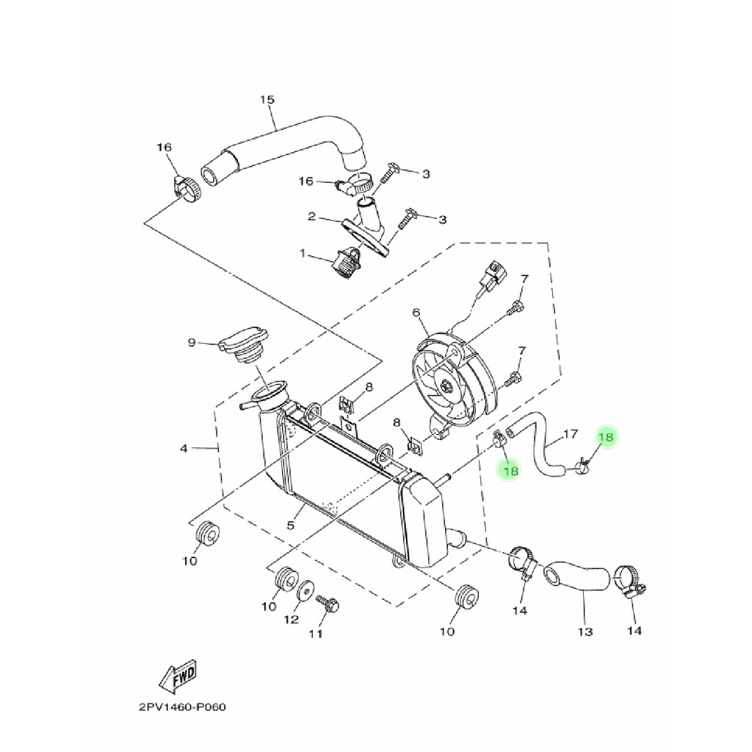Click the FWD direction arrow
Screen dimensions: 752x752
pos(178,679)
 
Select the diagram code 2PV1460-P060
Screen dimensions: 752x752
pos(182,708)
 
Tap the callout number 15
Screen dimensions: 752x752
pos(267,99)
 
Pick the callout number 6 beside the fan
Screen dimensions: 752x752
pos(416,313)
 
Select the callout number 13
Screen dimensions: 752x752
pos(585,632)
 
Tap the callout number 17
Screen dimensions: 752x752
pos(571,434)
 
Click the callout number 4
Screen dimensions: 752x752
pos(184,447)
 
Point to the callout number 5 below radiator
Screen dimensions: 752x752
pos(291,525)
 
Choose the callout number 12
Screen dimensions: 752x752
pos(292,619)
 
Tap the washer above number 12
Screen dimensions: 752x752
pos(305,588)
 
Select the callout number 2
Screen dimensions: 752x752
pos(311,217)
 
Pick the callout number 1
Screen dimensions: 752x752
pos(301,253)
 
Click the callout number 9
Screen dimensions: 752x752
pos(192,341)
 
